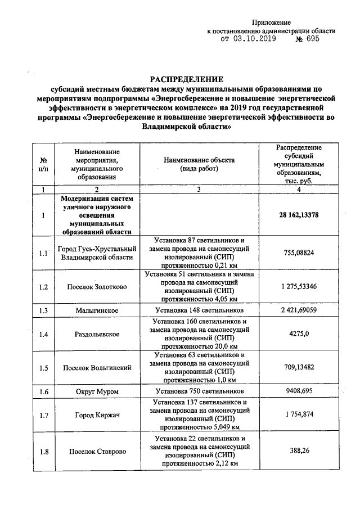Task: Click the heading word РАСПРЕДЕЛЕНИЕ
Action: [x=185, y=79]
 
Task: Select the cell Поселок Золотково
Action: [x=97, y=287]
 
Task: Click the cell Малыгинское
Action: [x=97, y=310]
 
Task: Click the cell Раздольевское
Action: [x=97, y=334]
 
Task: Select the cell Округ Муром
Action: [x=97, y=391]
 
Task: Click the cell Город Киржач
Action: [x=97, y=415]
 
